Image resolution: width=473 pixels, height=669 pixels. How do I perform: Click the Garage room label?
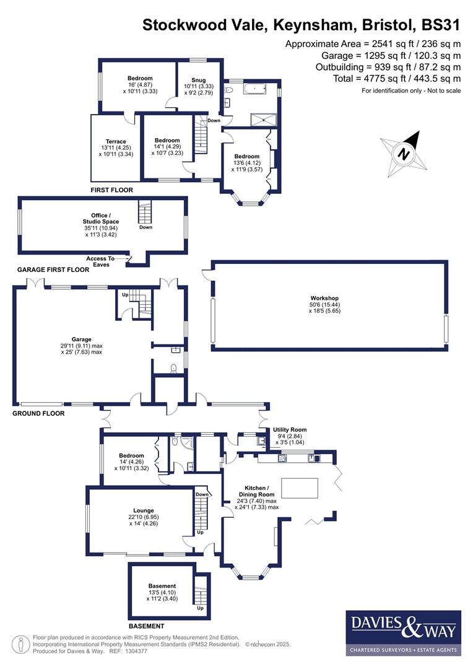coord(81,339)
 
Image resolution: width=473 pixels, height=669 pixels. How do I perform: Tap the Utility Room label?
coord(290,430)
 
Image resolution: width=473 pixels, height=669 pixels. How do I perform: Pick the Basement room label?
coord(162,586)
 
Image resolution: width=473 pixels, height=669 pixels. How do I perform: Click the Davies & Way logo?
coord(402,632)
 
